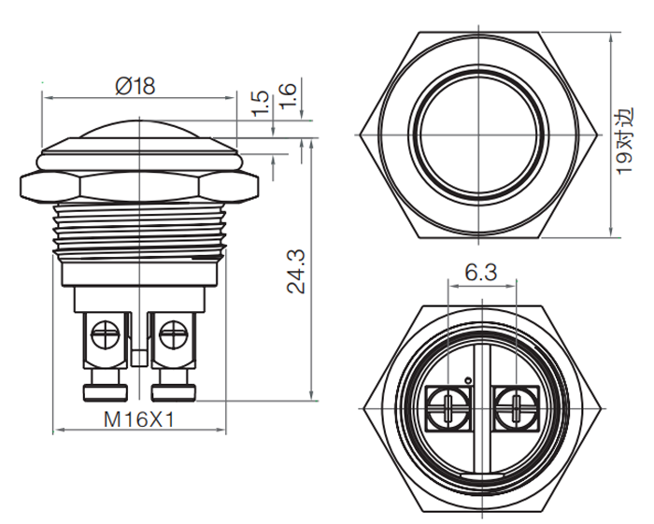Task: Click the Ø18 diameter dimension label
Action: (135, 86)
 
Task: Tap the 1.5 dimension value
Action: (261, 103)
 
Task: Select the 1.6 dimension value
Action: (287, 97)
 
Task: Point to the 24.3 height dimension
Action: (296, 272)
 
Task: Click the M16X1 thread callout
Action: (139, 419)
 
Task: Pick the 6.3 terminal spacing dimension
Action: (481, 273)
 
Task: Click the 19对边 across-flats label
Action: (624, 141)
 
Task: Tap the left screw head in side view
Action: (105, 334)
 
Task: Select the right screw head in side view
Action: (174, 334)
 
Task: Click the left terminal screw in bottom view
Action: (448, 408)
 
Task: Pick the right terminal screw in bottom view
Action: (516, 408)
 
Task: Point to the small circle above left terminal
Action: (468, 380)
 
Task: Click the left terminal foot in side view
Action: (105, 392)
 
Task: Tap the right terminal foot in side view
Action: (173, 392)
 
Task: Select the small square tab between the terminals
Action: (139, 358)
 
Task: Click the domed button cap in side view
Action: (140, 128)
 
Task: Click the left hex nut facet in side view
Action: (50, 186)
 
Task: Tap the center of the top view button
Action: (478, 135)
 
